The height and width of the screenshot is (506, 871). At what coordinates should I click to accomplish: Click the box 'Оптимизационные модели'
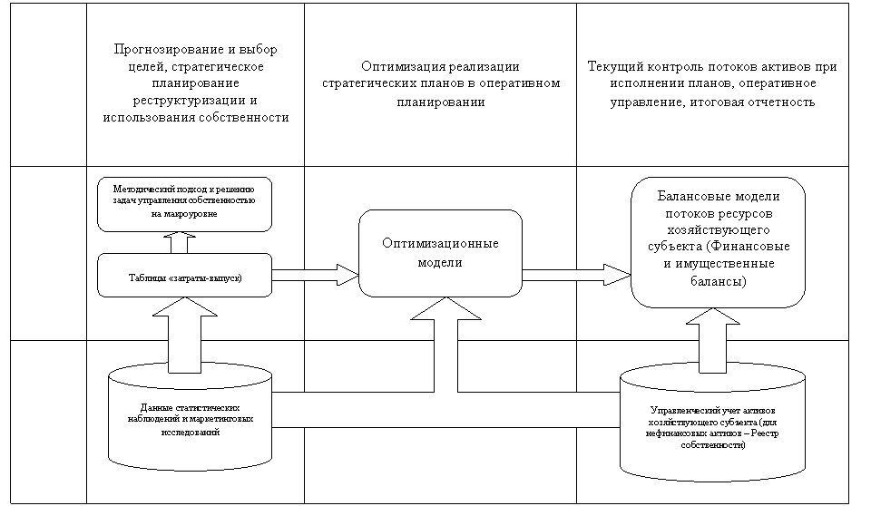(x=440, y=253)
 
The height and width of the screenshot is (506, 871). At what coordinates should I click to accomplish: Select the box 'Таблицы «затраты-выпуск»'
(x=184, y=275)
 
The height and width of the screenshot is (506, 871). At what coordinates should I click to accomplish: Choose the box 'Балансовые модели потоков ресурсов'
(x=718, y=240)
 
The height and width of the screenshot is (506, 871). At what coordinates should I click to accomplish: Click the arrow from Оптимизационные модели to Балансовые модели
(x=577, y=274)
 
